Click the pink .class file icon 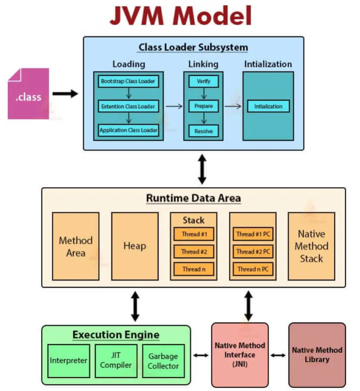pyautogui.click(x=28, y=93)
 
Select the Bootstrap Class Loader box pyautogui.click(x=128, y=81)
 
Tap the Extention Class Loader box pyautogui.click(x=128, y=106)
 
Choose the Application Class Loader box pyautogui.click(x=128, y=130)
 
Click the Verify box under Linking pyautogui.click(x=203, y=81)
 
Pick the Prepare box pyautogui.click(x=203, y=106)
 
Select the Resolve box pyautogui.click(x=203, y=130)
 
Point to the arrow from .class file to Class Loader pyautogui.click(x=65, y=93)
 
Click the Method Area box pyautogui.click(x=75, y=246)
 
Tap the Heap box pyautogui.click(x=134, y=246)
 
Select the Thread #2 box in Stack pyautogui.click(x=194, y=252)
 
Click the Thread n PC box pyautogui.click(x=253, y=269)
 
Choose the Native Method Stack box pyautogui.click(x=311, y=246)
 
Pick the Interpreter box pyautogui.click(x=69, y=361)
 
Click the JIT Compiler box pyautogui.click(x=116, y=361)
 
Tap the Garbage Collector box pyautogui.click(x=163, y=361)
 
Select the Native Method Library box pyautogui.click(x=317, y=355)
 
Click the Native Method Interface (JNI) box pyautogui.click(x=240, y=355)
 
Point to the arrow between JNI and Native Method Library pyautogui.click(x=278, y=355)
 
